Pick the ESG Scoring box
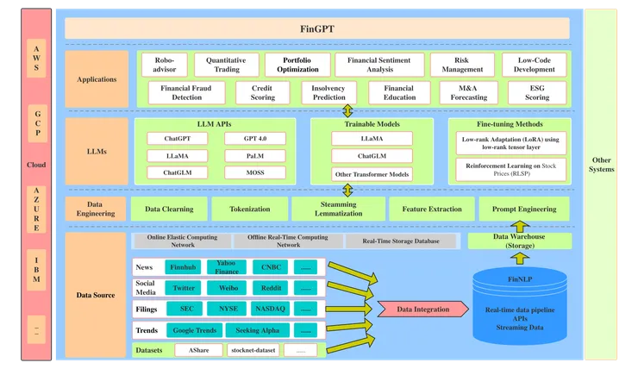(537, 92)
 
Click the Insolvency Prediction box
(329, 92)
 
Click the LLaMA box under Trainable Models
(372, 138)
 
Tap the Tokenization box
(249, 209)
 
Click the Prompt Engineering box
(524, 209)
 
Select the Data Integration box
(422, 309)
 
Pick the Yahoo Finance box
(226, 267)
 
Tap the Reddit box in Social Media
(272, 288)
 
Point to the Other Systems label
(602, 164)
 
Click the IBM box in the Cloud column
(36, 267)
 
